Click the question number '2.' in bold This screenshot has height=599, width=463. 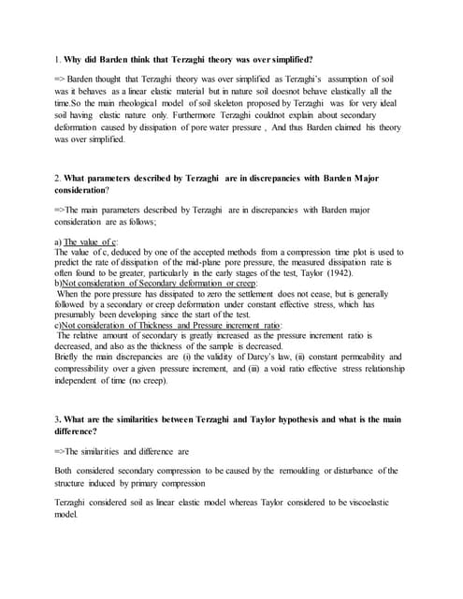58,177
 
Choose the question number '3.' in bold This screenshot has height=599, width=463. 58,419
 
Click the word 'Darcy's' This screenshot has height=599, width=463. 271,357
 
